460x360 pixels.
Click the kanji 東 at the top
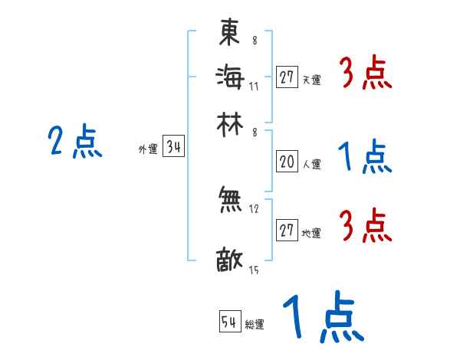229,32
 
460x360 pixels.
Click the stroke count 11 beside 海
254,87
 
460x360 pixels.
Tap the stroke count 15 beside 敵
254,270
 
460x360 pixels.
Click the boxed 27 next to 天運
287,77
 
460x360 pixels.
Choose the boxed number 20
287,162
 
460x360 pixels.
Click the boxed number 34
173,148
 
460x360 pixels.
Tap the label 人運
311,164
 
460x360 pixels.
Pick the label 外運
148,150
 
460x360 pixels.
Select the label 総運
255,325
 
